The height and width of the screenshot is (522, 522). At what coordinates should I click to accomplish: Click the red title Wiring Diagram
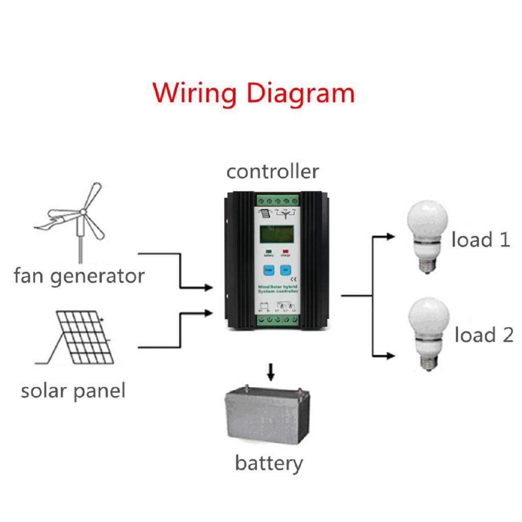254,93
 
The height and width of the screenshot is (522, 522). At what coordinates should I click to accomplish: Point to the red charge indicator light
285,251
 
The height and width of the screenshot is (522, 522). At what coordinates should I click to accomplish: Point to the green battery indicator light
267,251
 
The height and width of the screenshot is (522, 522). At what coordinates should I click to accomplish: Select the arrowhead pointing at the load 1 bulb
391,237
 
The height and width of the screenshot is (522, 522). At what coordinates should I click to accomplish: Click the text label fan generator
79,276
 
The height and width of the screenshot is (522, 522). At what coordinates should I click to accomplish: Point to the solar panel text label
73,391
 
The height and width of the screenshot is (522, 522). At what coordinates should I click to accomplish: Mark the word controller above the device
273,172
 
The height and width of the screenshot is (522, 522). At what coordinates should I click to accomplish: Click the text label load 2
484,335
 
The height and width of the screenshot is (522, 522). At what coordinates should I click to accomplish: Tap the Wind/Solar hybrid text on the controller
278,289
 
